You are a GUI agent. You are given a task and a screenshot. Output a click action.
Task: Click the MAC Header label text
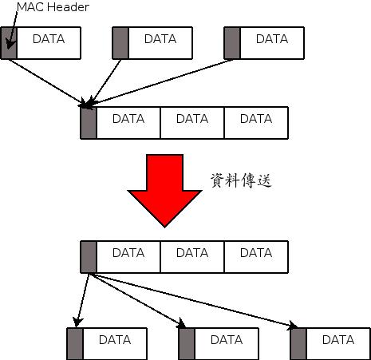coord(53,7)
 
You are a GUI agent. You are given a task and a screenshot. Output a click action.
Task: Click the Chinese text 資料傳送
coord(241,180)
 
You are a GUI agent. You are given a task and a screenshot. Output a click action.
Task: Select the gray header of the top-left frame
coord(9,43)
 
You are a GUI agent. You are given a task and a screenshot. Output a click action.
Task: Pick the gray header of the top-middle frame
coord(120,43)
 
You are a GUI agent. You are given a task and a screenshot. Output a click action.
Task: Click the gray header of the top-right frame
coord(232,43)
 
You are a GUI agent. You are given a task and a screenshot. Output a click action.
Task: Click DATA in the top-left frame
coord(49,39)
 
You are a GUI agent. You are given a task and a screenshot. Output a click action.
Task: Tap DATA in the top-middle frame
coord(160,39)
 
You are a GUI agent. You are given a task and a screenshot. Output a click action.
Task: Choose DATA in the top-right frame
coord(272,39)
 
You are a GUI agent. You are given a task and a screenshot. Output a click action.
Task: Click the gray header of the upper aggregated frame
coord(89,123)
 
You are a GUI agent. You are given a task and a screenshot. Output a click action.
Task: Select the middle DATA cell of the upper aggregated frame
coord(192,123)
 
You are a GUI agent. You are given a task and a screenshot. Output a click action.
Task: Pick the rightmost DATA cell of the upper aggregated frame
coord(256,123)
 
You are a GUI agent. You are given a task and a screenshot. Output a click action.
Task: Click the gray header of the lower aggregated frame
coord(89,257)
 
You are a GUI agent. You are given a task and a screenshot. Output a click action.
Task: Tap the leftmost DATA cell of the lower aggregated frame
coord(128,257)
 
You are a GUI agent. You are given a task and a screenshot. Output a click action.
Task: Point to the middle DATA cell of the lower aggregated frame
coord(192,257)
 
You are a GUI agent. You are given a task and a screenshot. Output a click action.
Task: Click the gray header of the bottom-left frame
coord(75,344)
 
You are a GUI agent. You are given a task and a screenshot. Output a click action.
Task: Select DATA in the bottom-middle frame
coord(227,340)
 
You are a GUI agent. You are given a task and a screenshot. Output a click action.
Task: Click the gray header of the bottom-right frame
coord(298,344)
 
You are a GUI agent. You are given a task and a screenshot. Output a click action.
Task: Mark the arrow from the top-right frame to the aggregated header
coord(159,83)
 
